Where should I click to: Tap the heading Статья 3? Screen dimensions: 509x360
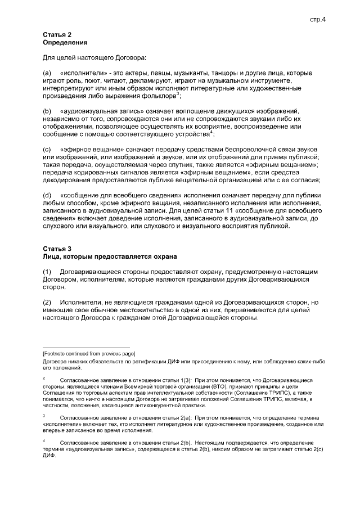pyautogui.click(x=57, y=249)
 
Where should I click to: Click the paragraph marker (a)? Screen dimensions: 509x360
pyautogui.click(x=47, y=74)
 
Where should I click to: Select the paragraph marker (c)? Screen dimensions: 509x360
pyautogui.click(x=47, y=149)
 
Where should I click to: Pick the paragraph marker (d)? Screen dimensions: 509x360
pyautogui.click(x=47, y=195)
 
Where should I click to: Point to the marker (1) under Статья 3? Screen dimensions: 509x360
pyautogui.click(x=47, y=271)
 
